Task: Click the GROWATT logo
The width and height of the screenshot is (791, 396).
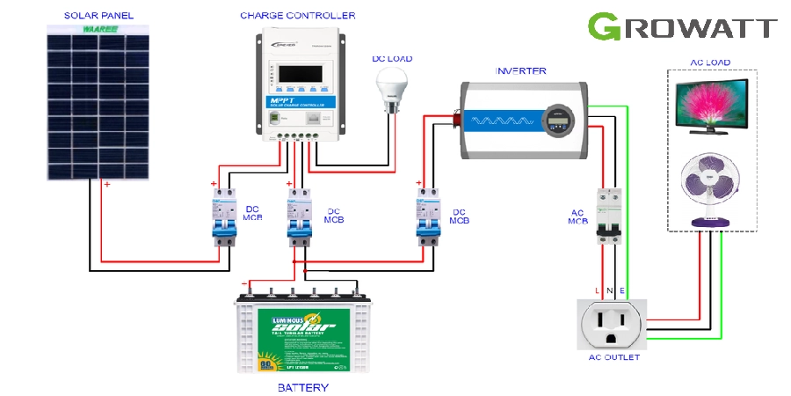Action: (682, 26)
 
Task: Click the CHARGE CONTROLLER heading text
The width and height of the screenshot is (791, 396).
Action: (298, 15)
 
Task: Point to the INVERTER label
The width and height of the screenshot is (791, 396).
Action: (520, 71)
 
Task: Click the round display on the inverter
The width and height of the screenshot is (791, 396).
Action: (557, 119)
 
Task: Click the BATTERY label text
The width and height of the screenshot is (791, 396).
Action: (302, 387)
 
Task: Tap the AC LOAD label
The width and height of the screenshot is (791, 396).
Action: (711, 62)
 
